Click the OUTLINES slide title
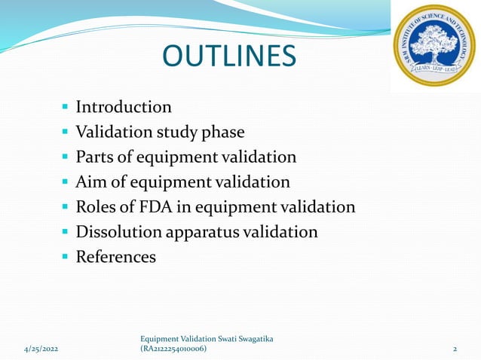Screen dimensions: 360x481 pyautogui.click(x=231, y=56)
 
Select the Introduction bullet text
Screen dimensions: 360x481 pyautogui.click(x=124, y=107)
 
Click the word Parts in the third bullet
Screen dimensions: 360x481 pyautogui.click(x=94, y=157)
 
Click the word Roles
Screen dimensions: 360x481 pyautogui.click(x=97, y=206)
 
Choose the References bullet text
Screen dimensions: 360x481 pyautogui.click(x=115, y=257)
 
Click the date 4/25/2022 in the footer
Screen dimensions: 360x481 pyautogui.click(x=40, y=349)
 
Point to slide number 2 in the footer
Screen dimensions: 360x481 pyautogui.click(x=455, y=349)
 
